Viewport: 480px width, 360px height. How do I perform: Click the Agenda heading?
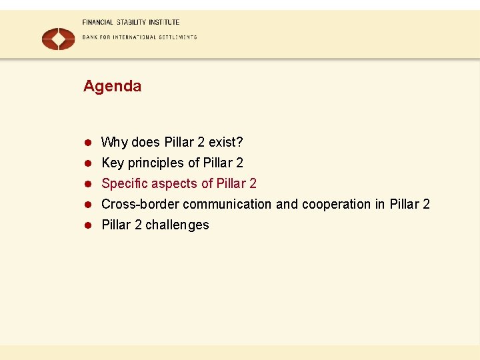112,86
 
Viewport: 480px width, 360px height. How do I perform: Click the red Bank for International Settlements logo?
59,39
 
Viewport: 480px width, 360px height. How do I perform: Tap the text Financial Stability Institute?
131,22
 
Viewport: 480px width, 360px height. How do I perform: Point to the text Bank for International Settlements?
139,37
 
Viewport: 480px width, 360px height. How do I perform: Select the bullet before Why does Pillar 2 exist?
87,142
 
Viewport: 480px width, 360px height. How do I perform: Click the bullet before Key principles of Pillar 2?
87,163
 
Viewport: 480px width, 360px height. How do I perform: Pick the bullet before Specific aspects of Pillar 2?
87,183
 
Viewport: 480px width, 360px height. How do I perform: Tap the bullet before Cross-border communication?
87,204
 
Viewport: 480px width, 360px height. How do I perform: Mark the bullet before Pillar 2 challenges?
87,225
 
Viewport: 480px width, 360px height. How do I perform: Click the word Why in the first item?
115,142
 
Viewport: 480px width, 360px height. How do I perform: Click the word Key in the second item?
113,163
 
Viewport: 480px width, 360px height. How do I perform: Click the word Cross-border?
140,204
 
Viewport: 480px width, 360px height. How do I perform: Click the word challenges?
177,225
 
